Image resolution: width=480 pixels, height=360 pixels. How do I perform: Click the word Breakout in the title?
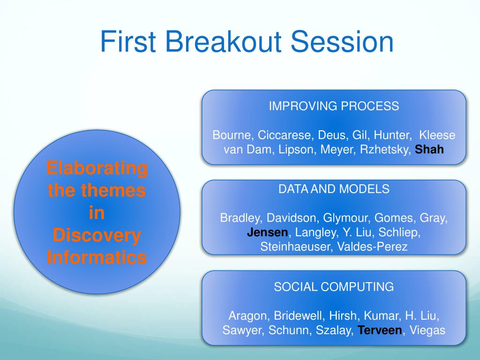tap(223, 41)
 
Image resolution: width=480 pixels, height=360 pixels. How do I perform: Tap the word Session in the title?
tap(342, 41)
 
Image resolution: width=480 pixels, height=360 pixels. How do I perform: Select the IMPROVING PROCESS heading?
tap(334, 106)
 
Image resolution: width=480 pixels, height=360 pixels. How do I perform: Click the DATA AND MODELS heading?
tap(334, 189)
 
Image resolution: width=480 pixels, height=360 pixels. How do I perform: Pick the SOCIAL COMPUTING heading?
tap(334, 287)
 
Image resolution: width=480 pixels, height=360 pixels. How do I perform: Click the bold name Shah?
tap(429, 150)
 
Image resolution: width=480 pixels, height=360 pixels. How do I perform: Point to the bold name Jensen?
tap(267, 232)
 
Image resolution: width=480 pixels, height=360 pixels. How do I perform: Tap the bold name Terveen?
tap(380, 330)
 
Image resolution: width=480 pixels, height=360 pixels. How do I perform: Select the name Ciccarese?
tap(284, 135)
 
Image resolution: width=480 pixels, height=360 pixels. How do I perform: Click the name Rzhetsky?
tap(384, 150)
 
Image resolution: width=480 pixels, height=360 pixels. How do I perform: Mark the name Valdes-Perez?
tap(372, 247)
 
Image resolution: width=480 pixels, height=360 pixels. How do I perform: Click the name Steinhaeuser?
tap(294, 247)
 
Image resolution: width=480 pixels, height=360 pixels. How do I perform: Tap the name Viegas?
tap(427, 330)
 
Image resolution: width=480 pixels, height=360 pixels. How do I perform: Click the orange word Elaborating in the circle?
tap(97, 168)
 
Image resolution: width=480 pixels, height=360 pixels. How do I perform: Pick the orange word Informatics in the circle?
tap(97, 257)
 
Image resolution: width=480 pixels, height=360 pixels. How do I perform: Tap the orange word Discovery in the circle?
tap(97, 235)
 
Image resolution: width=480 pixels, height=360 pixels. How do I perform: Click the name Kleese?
tap(437, 135)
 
